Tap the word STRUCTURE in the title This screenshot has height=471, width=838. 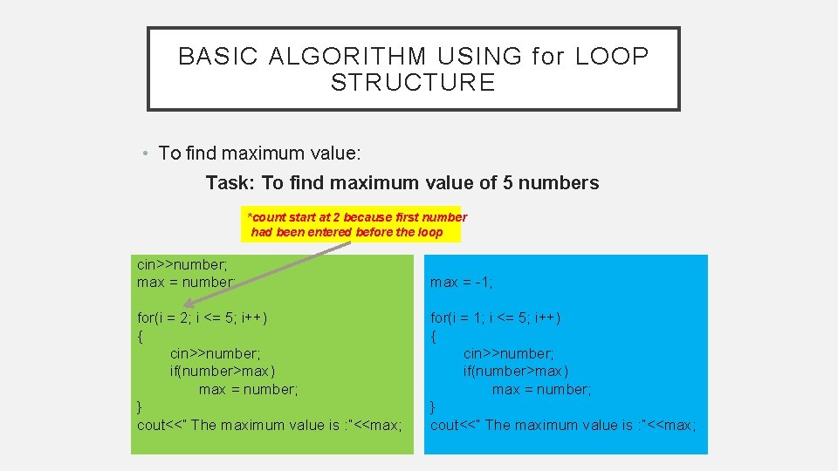413,83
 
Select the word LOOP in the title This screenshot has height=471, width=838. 613,57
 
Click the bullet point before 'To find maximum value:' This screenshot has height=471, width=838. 147,154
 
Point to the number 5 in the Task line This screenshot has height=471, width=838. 508,183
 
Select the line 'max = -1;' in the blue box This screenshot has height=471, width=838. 462,282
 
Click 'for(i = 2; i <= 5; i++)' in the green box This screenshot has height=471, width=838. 202,317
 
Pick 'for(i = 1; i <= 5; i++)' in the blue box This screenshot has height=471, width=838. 496,317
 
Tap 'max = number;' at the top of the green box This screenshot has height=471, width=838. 186,282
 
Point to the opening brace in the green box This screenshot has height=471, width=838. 141,336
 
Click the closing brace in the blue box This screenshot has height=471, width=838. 433,407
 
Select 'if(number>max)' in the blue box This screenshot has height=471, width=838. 515,372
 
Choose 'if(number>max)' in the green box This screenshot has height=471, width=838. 222,372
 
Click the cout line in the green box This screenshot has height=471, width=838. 270,425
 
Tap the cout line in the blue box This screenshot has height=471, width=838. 563,425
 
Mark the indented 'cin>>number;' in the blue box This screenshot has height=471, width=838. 508,353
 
